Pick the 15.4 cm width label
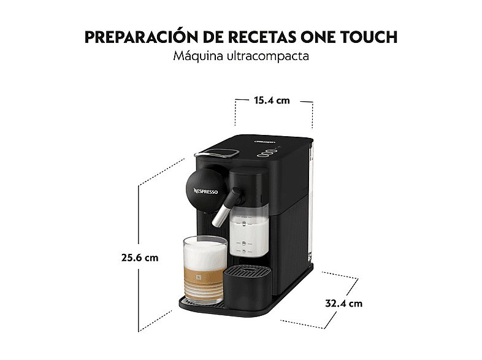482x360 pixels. [272, 100]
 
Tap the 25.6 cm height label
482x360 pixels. [140, 258]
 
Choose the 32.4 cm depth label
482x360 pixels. [343, 303]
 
